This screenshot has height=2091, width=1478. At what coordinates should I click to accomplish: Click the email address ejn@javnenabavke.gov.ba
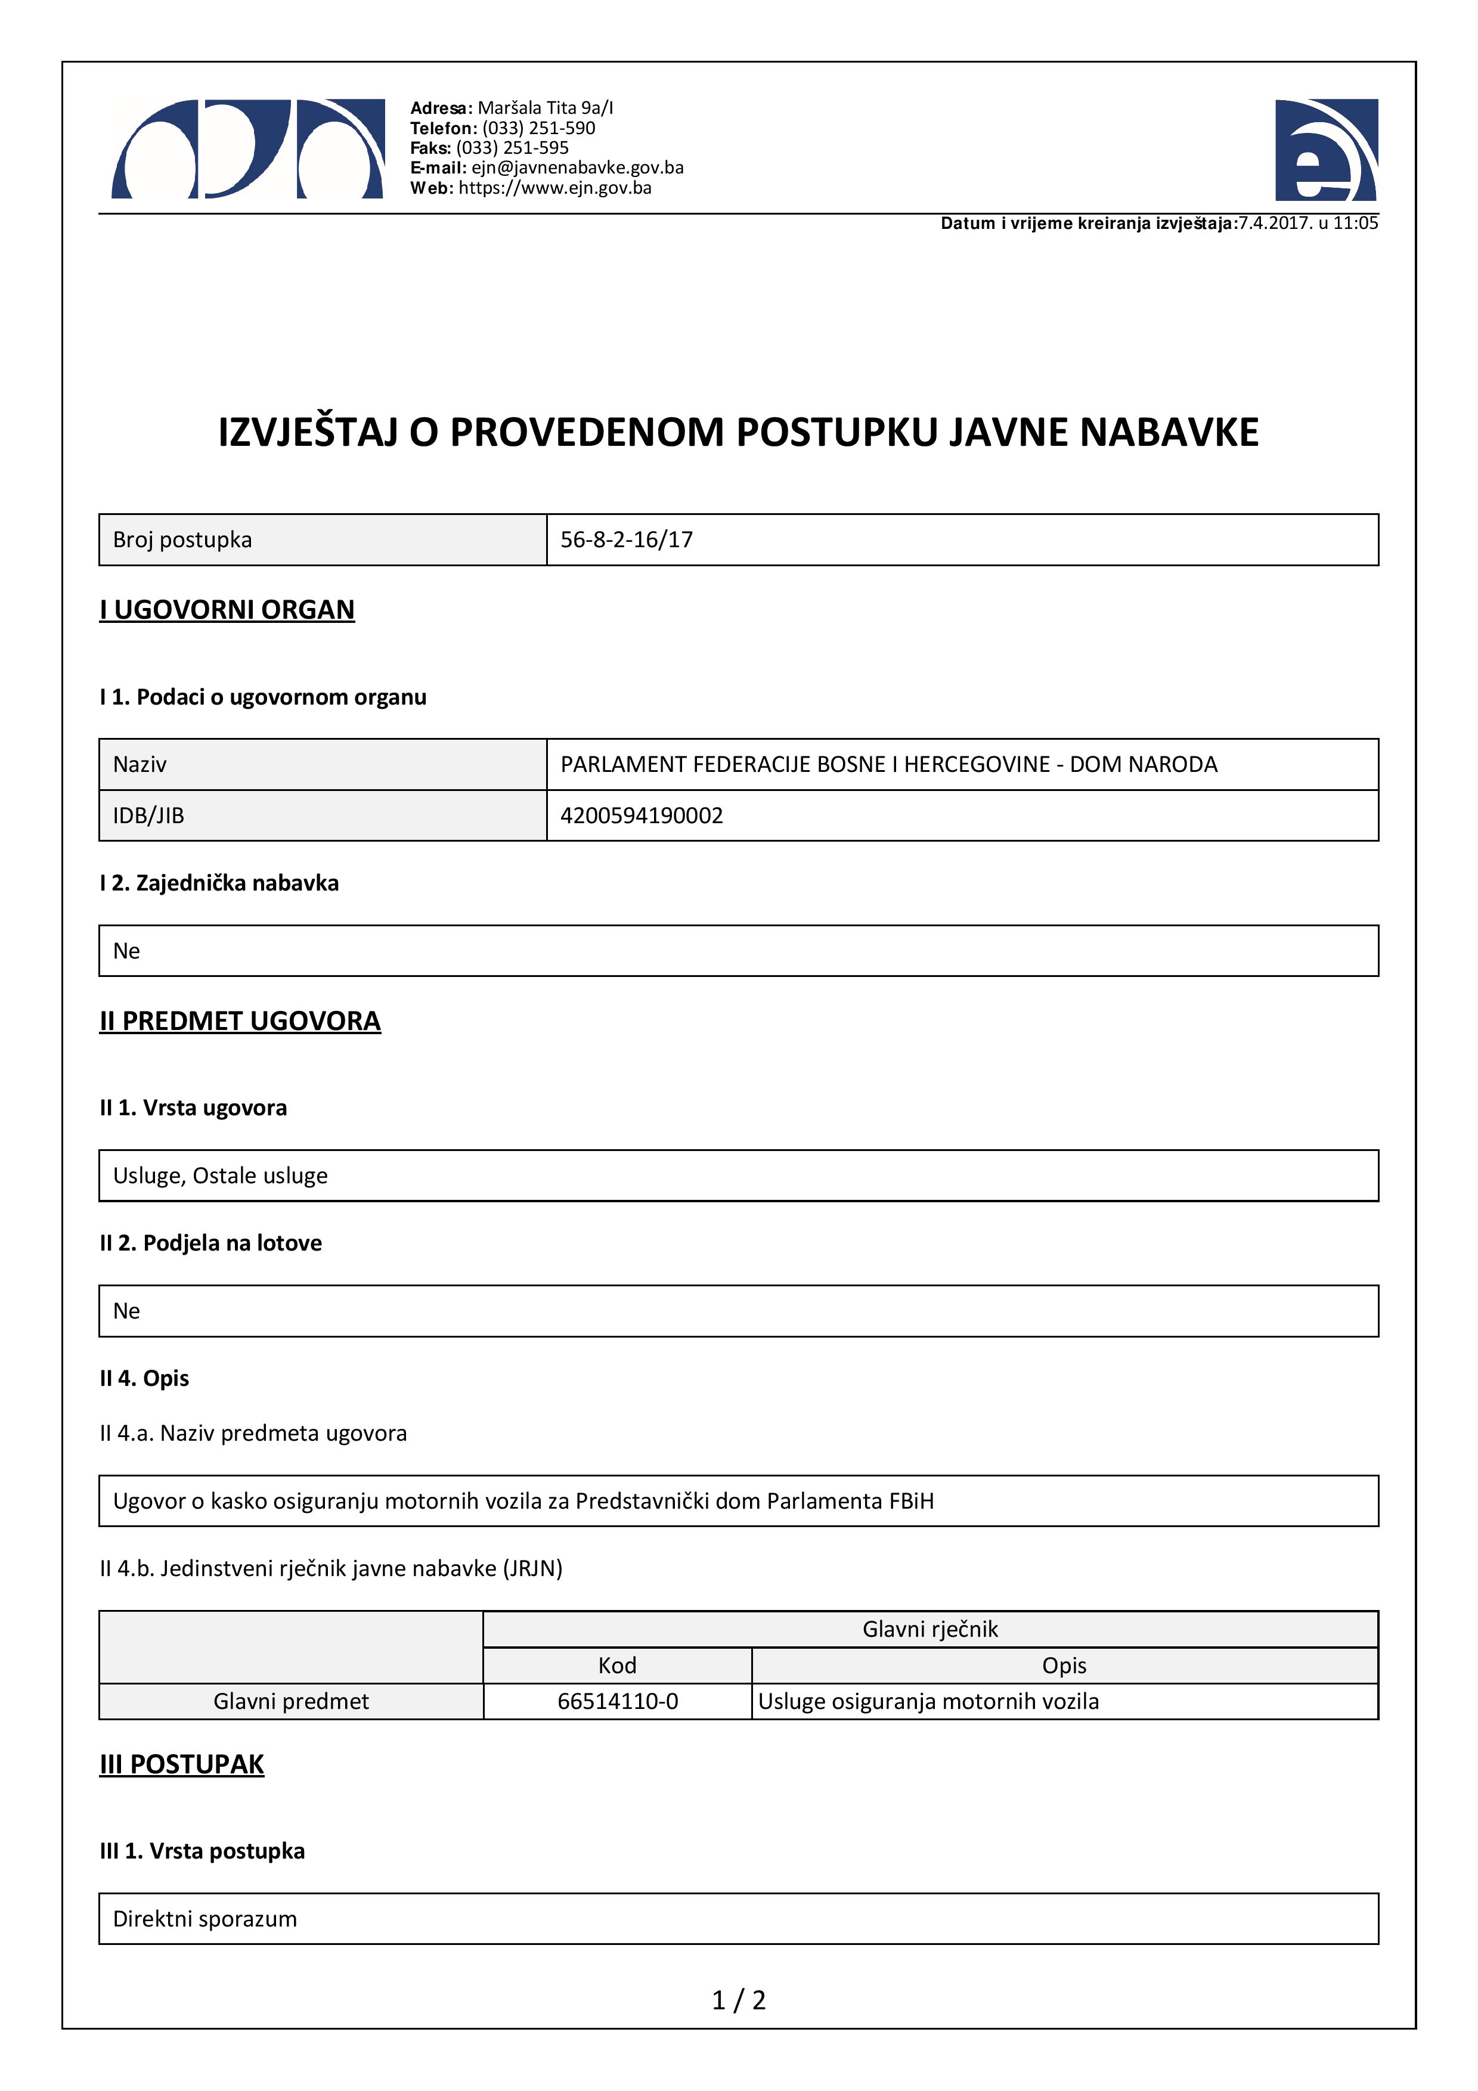[577, 167]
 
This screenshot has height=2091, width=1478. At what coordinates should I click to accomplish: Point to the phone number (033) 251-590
[538, 128]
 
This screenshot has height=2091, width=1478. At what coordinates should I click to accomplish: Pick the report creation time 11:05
[1355, 223]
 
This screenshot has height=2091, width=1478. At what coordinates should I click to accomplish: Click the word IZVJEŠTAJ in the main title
[308, 433]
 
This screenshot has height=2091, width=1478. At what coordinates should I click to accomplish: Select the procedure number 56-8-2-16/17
[627, 540]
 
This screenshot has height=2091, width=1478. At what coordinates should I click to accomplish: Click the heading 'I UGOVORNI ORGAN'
[227, 609]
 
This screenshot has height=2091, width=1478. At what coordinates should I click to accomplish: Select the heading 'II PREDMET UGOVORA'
[240, 1021]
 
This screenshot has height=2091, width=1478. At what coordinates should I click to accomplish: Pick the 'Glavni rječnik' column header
[929, 1629]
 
